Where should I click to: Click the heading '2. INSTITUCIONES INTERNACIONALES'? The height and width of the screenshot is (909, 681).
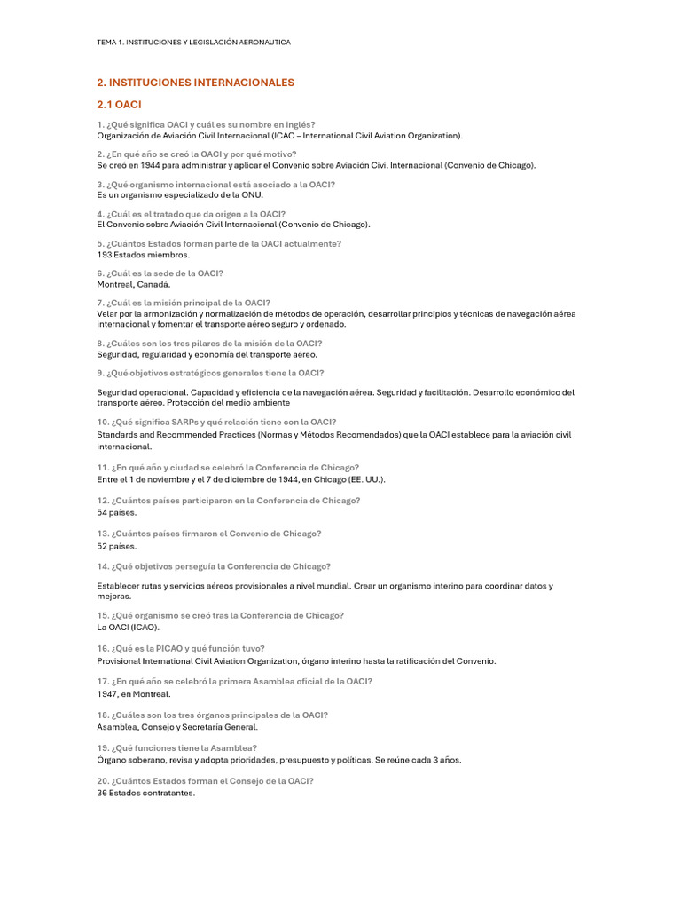pos(195,83)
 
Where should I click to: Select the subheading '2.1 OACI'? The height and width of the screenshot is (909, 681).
pos(119,105)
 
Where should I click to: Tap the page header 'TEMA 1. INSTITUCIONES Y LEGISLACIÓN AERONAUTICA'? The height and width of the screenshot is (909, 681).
pos(193,42)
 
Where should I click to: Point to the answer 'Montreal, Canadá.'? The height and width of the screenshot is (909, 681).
pos(133,285)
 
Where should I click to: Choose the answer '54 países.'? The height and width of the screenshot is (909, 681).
pos(117,512)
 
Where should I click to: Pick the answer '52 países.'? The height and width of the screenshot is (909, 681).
pos(117,546)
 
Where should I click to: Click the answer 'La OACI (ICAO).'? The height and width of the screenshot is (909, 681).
pos(128,627)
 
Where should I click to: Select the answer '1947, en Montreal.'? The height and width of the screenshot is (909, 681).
pos(133,694)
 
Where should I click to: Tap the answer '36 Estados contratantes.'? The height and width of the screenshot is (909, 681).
pos(145,793)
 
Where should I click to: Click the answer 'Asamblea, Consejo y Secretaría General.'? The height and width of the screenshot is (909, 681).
pos(177,726)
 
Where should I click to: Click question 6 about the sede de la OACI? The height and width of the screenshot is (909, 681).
pos(160,273)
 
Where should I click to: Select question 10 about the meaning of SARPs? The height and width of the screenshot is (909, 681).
pos(216,423)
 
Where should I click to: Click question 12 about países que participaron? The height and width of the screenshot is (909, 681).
pos(228,501)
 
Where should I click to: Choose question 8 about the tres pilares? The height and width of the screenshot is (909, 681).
pos(209,343)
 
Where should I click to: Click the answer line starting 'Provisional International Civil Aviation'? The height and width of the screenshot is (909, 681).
pos(296,660)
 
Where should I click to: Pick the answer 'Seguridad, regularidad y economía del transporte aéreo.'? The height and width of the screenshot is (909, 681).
pos(207,354)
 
